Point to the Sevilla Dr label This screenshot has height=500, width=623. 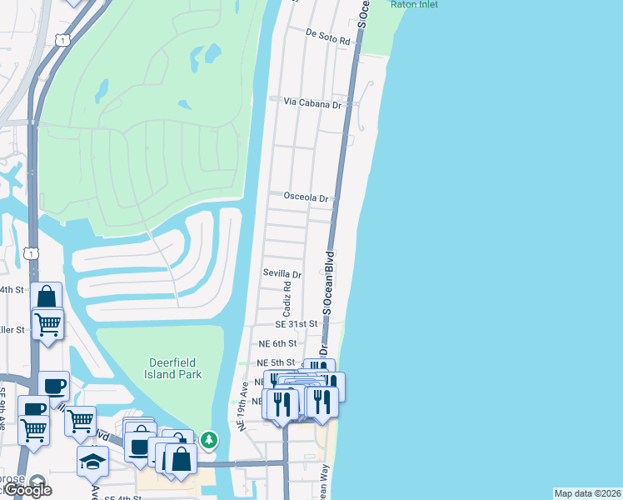(282, 273)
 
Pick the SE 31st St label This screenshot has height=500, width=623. (297, 323)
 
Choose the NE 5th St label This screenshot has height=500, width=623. (275, 362)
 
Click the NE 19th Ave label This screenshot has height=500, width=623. (244, 407)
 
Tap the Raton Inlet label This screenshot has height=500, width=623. (413, 4)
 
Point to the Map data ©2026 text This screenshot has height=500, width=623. (587, 493)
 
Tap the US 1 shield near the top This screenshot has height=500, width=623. (61, 39)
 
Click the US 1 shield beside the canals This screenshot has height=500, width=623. (32, 252)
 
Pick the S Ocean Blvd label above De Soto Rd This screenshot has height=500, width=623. (362, 12)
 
